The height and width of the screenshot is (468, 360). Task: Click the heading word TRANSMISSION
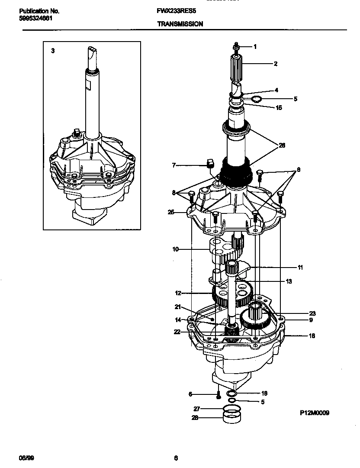pos(180,24)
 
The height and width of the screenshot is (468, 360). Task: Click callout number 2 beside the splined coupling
pos(275,64)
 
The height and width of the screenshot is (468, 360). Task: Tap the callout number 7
pos(174,165)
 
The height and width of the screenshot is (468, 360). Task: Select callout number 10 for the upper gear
pos(175,249)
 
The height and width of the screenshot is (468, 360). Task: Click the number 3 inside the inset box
pos(53,51)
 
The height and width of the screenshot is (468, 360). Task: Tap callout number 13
pos(289,281)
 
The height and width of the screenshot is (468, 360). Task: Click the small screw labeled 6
pos(219,394)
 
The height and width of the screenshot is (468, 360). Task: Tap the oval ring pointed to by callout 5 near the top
pos(256,100)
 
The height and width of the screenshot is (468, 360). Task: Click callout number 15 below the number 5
pos(279,108)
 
